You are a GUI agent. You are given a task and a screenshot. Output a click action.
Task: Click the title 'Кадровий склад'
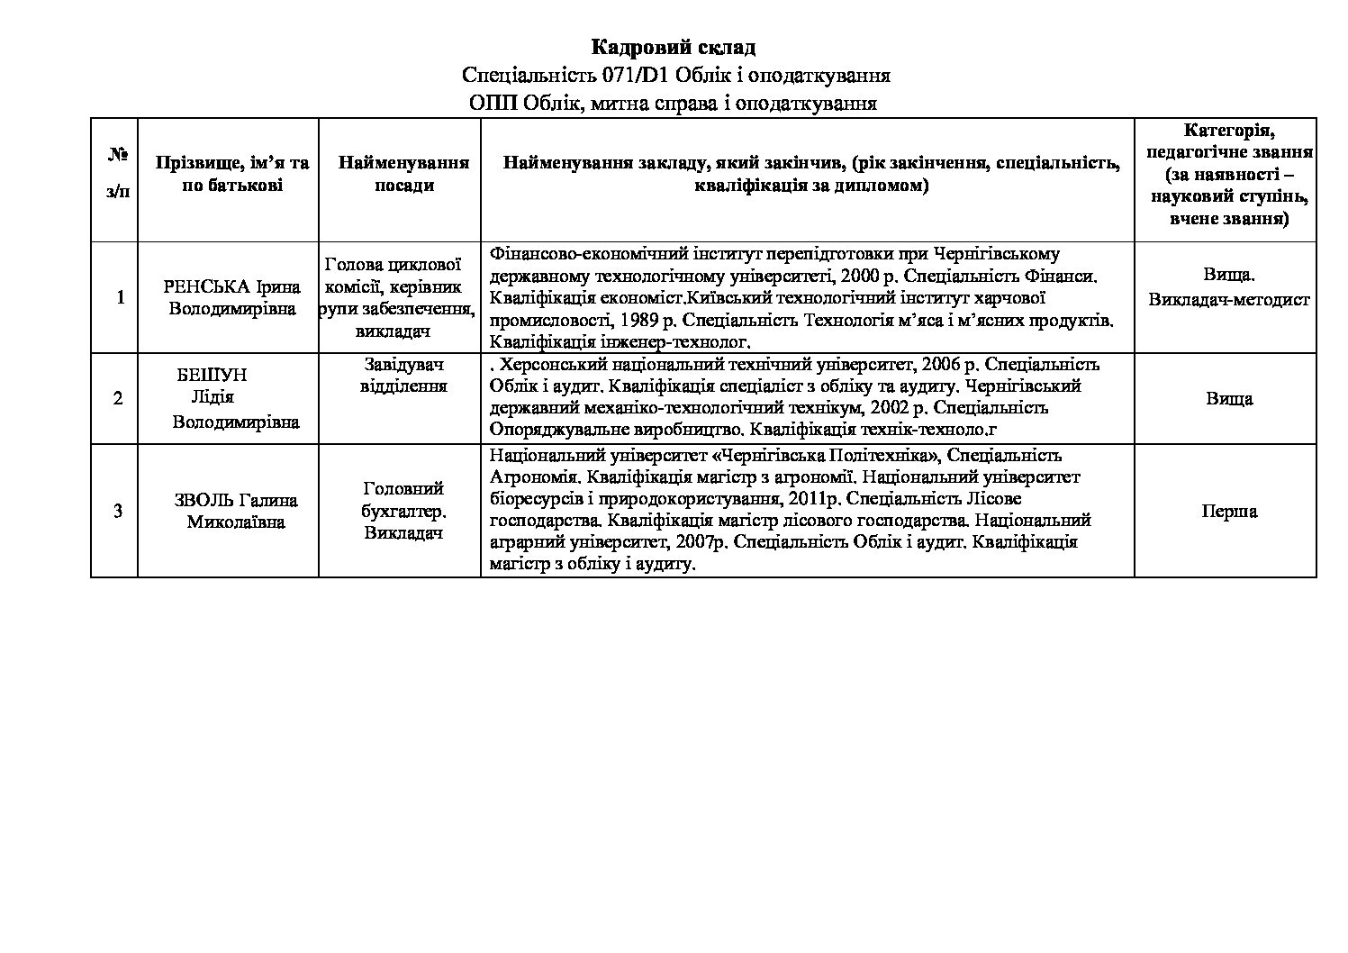coord(673,47)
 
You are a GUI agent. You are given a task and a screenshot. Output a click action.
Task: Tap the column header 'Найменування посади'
coord(403,174)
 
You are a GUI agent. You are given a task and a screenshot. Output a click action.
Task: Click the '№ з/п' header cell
coord(118,174)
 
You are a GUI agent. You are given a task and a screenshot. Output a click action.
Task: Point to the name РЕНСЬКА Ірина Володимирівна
coord(232,297)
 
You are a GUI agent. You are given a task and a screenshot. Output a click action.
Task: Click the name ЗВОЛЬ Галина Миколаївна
coord(235,511)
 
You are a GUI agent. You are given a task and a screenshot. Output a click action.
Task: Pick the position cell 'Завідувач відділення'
coord(403,375)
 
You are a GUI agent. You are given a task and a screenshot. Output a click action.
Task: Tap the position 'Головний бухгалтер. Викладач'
coord(403,511)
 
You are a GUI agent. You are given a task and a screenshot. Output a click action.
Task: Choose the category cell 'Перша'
coord(1229,511)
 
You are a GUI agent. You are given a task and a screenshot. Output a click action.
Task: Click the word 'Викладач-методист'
coord(1229,300)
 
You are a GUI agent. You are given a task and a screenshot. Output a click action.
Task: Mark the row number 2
coord(118,398)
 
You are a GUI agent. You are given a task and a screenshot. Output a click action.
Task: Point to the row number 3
coord(118,511)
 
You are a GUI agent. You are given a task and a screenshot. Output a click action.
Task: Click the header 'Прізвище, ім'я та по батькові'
coord(232,174)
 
